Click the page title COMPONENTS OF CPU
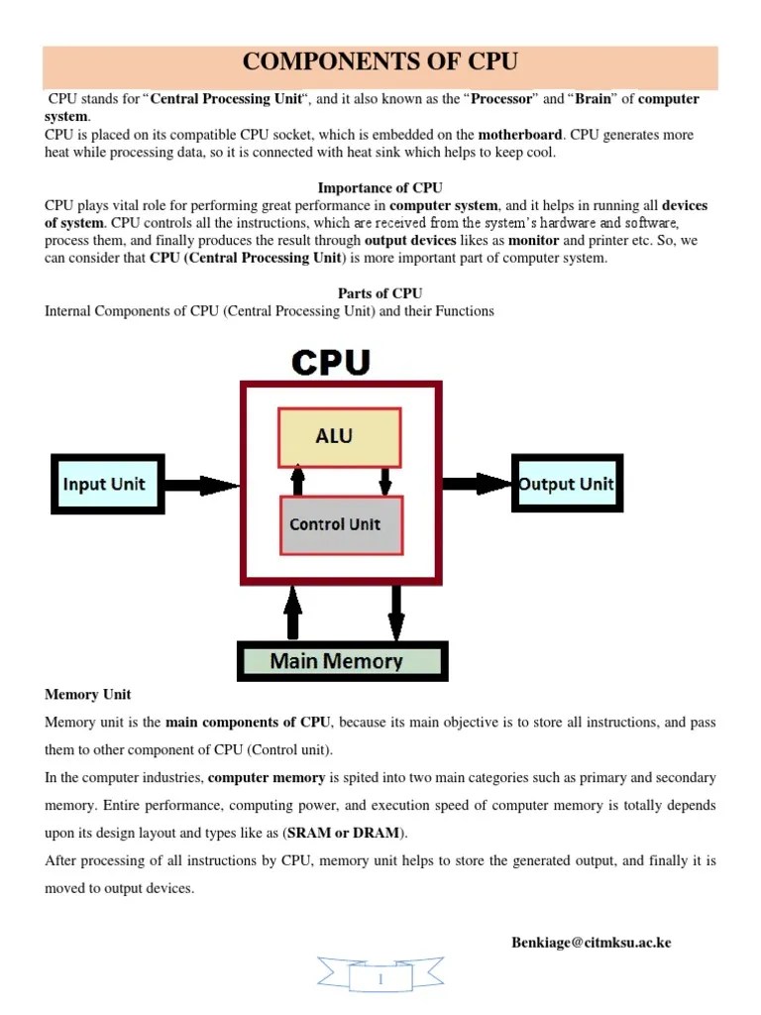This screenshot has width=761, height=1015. point(380,61)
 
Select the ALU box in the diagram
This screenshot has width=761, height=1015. point(340,436)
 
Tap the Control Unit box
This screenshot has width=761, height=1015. point(340,524)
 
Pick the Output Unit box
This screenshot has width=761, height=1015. point(567,484)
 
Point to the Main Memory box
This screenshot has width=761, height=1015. point(342,661)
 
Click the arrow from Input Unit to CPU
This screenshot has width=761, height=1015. point(201,485)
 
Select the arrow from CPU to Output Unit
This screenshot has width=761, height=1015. point(477,484)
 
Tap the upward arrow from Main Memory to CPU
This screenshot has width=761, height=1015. point(292,613)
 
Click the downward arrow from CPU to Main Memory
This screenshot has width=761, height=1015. point(395,613)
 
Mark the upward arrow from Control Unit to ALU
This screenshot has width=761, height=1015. point(296,481)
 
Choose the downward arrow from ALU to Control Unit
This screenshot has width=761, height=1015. point(384,481)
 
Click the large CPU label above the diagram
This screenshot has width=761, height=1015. point(331,362)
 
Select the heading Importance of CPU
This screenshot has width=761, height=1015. point(380,187)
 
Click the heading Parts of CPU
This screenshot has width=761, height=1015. point(380,293)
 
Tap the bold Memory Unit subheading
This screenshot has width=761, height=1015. point(88,694)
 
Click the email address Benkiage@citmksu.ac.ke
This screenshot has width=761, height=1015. point(591,942)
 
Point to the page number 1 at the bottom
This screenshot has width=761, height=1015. point(380,980)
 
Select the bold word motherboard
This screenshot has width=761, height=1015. point(520,134)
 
